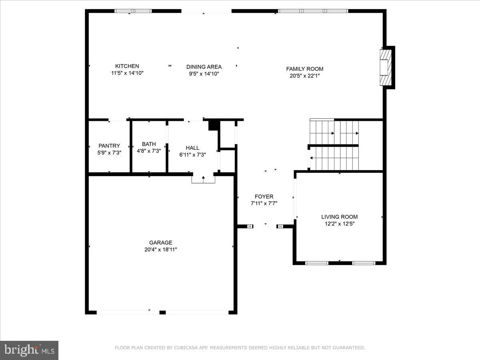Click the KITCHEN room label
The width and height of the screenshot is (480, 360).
(127, 66)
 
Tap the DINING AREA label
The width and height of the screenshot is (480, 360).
(204, 67)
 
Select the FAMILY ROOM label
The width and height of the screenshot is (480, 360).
(304, 69)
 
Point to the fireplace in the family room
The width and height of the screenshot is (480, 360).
(385, 67)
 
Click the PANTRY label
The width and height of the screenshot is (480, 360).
(109, 146)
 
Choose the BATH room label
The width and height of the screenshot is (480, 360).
(149, 144)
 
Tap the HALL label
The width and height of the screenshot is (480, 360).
(192, 148)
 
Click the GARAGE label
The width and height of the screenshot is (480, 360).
(161, 242)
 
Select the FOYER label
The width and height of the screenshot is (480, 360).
(264, 196)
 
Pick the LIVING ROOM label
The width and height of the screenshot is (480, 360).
(340, 217)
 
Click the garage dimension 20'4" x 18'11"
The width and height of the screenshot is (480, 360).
(161, 249)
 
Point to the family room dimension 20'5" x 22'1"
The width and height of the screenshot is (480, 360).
(304, 76)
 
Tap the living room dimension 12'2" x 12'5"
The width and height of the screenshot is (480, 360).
(340, 224)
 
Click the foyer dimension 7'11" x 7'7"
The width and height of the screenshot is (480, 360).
(264, 203)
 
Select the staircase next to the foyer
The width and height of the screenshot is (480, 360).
(334, 145)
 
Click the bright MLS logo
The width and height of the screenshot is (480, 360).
(29, 350)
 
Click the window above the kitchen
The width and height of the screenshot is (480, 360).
(133, 11)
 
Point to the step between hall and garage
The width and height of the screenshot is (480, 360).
(203, 179)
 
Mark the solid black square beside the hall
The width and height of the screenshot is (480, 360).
(214, 125)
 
